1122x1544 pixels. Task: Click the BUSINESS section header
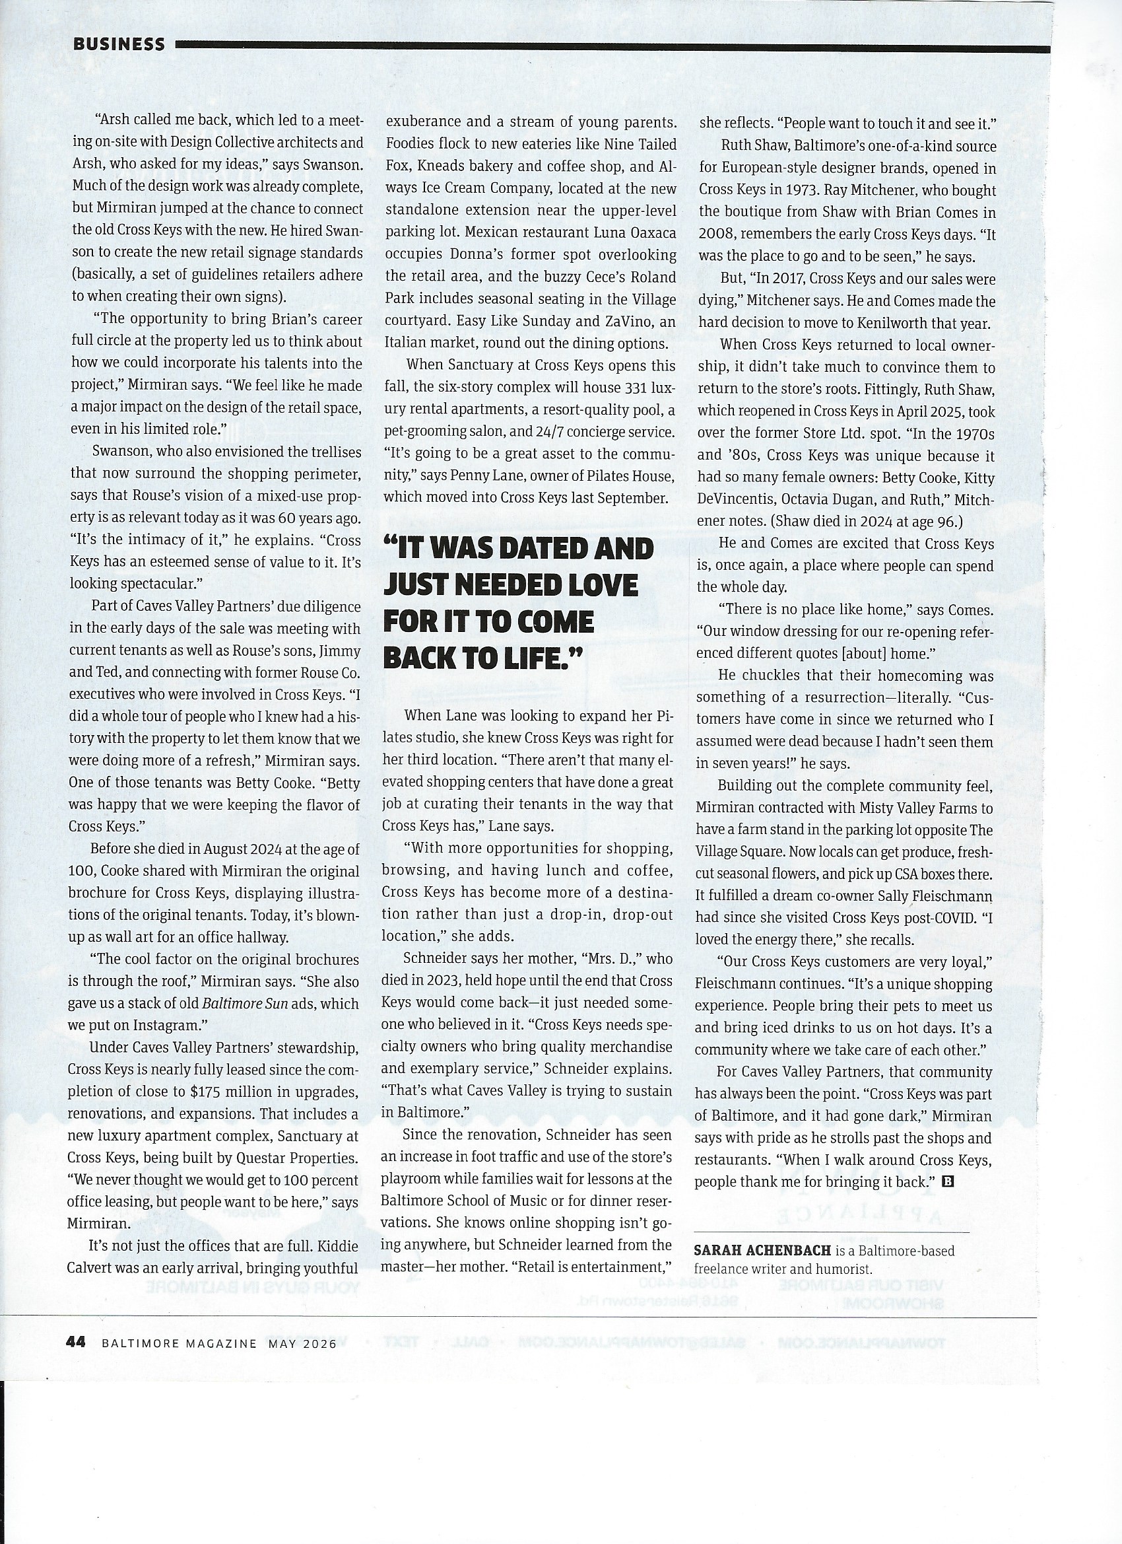pyautogui.click(x=118, y=44)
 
